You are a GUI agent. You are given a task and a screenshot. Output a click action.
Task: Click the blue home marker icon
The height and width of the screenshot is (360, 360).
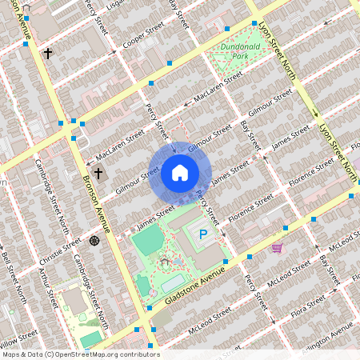coord(180,172)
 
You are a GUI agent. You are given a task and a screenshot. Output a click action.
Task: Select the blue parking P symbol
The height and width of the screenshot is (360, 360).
coord(203,235)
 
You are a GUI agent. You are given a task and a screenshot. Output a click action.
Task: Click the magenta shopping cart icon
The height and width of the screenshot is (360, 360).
coord(277,248)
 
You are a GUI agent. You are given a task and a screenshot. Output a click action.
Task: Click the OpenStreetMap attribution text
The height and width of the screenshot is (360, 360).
coord(80,354)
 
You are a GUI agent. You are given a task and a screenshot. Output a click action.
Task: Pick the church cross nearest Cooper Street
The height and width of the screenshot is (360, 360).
coord(48,54)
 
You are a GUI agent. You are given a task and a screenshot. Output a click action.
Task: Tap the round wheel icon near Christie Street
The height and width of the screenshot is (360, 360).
coord(94,241)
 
